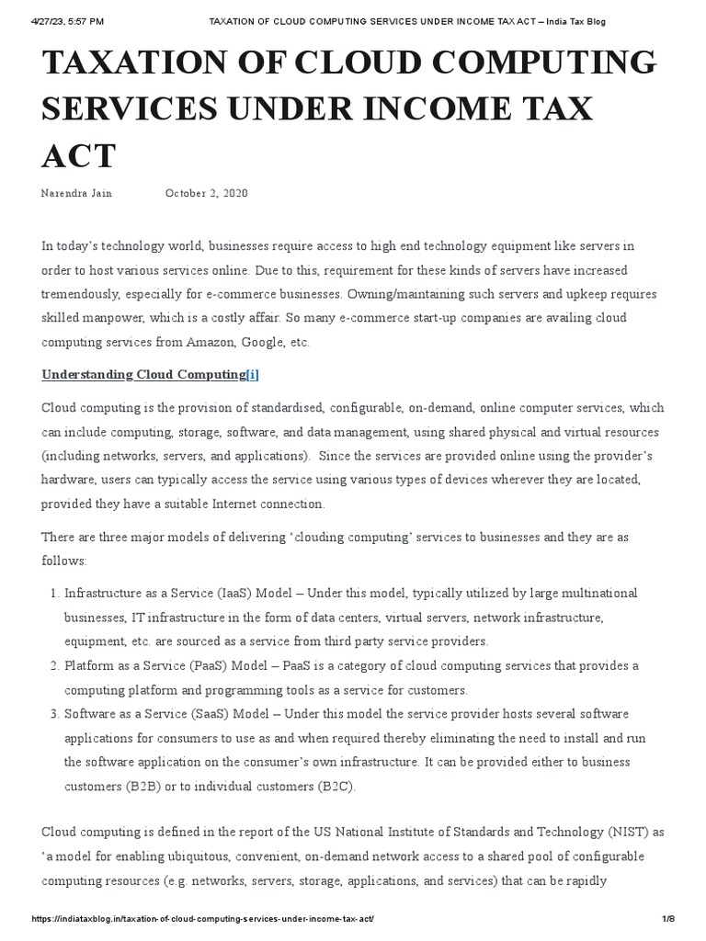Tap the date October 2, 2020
206,193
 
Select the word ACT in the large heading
79,155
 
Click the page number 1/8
668,919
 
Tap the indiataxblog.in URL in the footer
202,919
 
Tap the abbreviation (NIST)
628,832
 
